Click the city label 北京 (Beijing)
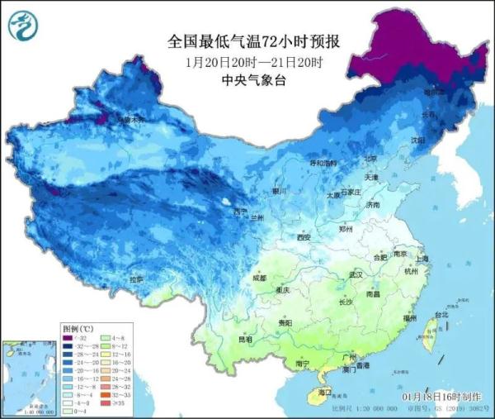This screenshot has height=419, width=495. pos(370,159)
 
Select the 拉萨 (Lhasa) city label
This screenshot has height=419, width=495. pos(135,281)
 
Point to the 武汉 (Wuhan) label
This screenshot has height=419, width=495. pos(356,274)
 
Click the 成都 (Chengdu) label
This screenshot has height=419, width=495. pos(260,278)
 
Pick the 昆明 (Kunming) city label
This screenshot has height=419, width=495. pos(245,339)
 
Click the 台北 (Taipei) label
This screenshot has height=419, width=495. pos(441,314)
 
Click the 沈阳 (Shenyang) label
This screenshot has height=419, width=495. pos(422,140)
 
